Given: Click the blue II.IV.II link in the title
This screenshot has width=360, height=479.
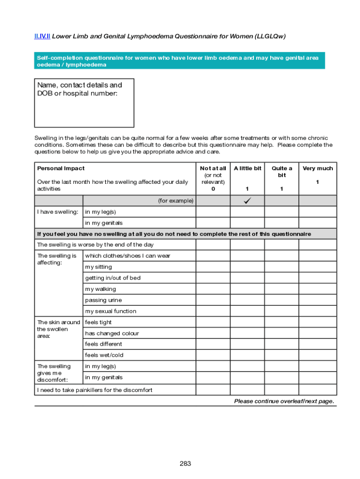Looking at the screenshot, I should click(42, 36).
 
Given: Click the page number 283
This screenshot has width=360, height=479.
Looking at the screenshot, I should click(185, 464).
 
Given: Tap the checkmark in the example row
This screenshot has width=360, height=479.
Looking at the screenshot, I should click(247, 201).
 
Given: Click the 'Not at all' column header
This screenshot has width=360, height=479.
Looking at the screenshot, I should click(213, 168).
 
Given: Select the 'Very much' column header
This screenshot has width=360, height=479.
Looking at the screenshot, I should click(317, 168).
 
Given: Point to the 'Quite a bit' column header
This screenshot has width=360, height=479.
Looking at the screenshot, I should click(282, 172).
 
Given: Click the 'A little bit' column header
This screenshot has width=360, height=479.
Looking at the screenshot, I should click(247, 168).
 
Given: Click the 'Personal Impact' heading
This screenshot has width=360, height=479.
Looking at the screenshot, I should click(61, 168).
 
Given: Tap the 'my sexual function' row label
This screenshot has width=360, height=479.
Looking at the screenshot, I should click(111, 311).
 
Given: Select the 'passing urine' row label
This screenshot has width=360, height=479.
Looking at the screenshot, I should click(103, 300).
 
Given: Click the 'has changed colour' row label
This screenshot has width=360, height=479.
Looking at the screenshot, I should click(112, 334).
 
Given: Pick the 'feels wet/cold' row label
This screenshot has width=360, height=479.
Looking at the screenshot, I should click(104, 355).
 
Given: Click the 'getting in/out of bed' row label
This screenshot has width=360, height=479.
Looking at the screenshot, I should click(113, 278).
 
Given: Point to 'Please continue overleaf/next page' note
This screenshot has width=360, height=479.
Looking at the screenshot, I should click(284, 401).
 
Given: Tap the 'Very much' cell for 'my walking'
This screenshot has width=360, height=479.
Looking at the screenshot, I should click(317, 289).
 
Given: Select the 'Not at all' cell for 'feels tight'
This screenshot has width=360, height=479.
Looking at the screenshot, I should click(213, 322).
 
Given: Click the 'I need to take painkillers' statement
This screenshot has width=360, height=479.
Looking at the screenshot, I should click(94, 390).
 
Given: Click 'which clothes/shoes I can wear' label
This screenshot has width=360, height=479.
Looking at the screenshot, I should click(128, 256).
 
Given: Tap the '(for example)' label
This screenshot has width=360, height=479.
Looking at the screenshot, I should click(175, 201).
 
